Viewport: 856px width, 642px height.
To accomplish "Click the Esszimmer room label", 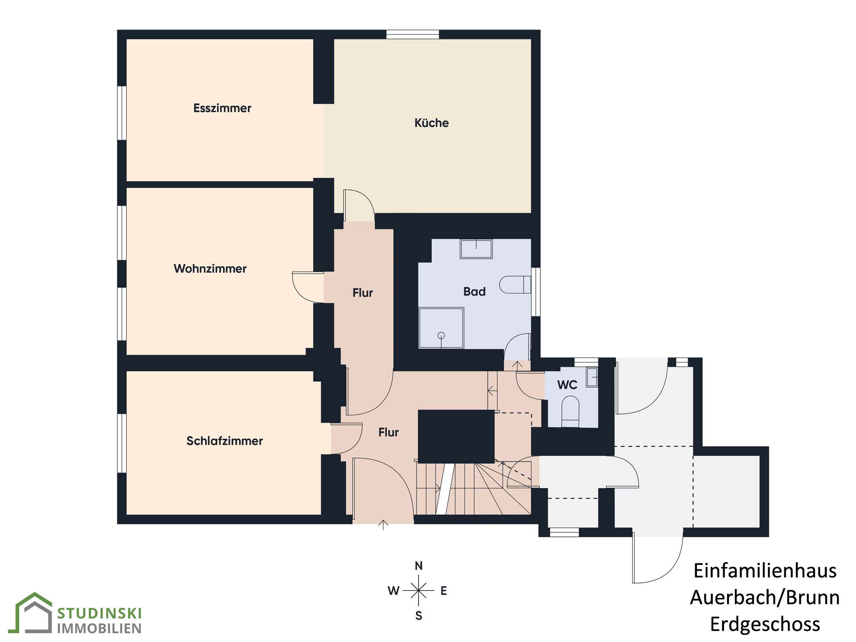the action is (x=222, y=108).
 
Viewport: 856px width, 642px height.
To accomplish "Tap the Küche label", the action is (x=432, y=123).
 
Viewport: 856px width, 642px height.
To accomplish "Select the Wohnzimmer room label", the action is (x=210, y=268).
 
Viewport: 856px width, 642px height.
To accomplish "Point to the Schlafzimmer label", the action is (x=224, y=441).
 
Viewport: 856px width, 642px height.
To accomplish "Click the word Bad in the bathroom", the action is (x=474, y=292).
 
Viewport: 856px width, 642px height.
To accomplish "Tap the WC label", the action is (x=567, y=385).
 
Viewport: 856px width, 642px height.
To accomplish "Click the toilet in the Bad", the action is (x=515, y=285).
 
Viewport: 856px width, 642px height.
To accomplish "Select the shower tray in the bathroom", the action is (x=441, y=328).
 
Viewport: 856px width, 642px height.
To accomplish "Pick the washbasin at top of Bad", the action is (x=476, y=249).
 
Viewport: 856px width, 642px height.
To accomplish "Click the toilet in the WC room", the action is (x=570, y=412).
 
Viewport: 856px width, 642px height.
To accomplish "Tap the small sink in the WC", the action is (x=592, y=377).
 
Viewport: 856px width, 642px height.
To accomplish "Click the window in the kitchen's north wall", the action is (x=412, y=34).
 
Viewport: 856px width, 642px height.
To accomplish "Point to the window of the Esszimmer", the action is (x=122, y=113).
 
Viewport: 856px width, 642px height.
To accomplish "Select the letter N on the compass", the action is (x=419, y=566).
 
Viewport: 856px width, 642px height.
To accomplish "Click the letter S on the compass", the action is (x=419, y=616).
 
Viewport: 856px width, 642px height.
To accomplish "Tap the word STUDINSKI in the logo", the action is (x=99, y=613).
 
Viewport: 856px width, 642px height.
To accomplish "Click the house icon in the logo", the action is (x=34, y=613).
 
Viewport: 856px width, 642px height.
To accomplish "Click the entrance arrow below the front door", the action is (x=383, y=524).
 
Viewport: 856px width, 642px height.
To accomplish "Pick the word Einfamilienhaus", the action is (x=765, y=571).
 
